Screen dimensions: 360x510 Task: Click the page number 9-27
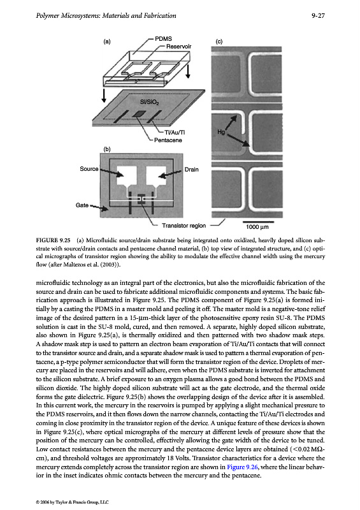[318, 15]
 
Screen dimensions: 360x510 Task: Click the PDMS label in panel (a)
[163, 39]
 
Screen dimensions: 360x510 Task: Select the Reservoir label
[178, 47]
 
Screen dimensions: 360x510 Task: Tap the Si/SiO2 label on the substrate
[149, 102]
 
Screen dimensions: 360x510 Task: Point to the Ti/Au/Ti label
[175, 133]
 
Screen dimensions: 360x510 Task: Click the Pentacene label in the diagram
[168, 140]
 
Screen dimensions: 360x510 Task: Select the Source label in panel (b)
[89, 169]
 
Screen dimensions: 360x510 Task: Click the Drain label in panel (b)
[192, 170]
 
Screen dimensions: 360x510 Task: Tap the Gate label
[82, 205]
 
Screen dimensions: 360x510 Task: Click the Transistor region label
[184, 226]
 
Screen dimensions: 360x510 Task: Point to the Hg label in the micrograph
[221, 132]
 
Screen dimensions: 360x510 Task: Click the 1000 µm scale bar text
[257, 227]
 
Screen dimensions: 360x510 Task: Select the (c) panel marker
[219, 41]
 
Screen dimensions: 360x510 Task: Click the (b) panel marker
[107, 149]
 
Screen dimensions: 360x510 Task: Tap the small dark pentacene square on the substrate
[139, 113]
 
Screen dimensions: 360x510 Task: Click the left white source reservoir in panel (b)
[127, 176]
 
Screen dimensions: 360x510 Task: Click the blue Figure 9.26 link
[242, 467]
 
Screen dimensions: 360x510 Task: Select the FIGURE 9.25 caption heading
[53, 241]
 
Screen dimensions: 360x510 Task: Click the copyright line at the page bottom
[72, 502]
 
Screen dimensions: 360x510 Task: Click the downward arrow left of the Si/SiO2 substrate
[104, 95]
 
